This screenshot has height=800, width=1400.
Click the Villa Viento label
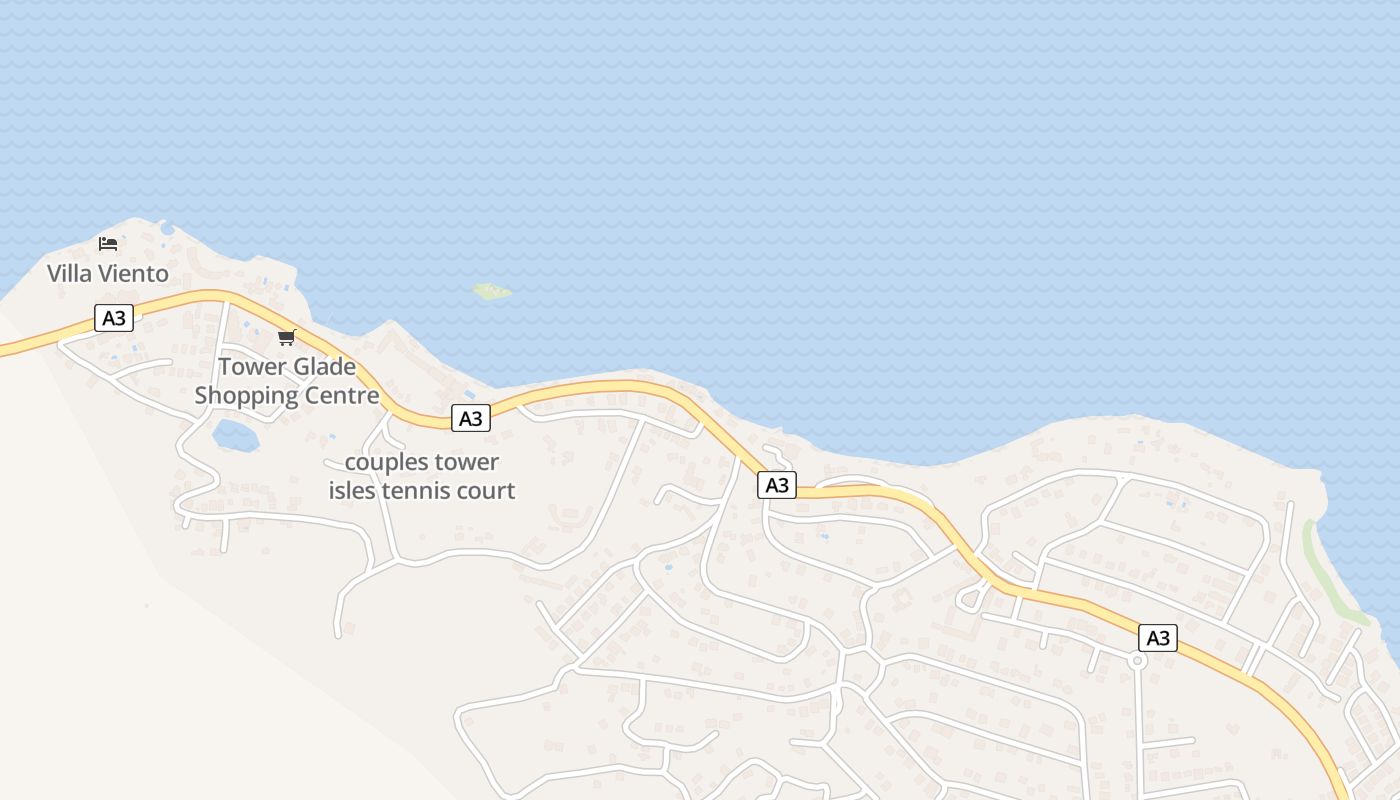click(x=108, y=273)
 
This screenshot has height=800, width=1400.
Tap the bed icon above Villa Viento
click(x=108, y=243)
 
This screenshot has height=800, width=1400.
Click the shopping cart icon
click(x=287, y=337)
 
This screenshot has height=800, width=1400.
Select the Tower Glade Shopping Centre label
click(x=287, y=381)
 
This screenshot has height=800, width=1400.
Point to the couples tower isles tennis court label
click(x=422, y=476)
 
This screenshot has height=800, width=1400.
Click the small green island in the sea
click(x=491, y=291)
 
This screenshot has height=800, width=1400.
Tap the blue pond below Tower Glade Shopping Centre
click(x=235, y=435)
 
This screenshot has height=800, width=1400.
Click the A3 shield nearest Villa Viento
click(x=114, y=318)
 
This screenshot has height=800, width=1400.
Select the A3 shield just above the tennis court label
click(x=470, y=418)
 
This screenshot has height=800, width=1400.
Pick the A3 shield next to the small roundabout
click(x=1157, y=638)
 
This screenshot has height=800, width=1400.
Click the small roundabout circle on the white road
click(x=1136, y=661)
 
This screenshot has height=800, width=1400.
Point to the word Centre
click(x=341, y=395)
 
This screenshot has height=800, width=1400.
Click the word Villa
click(x=70, y=273)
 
